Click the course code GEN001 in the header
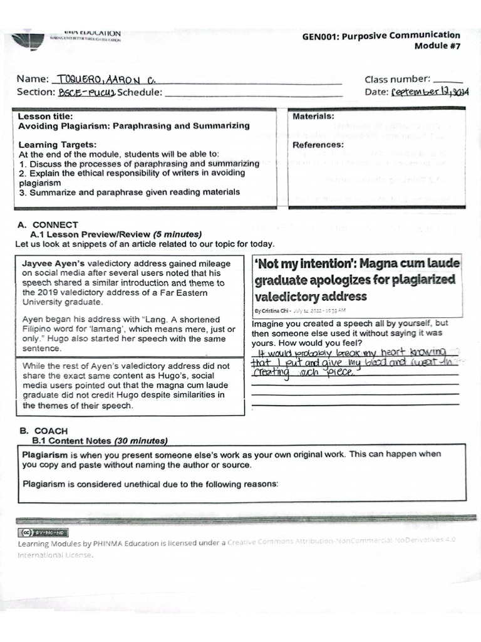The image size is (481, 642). (321, 36)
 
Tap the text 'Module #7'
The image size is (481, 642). (437, 46)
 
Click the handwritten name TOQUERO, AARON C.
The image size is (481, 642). (106, 80)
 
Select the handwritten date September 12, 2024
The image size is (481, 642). (430, 93)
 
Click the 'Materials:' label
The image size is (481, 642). (313, 117)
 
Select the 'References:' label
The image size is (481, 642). (318, 145)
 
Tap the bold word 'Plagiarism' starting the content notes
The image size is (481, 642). (44, 454)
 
